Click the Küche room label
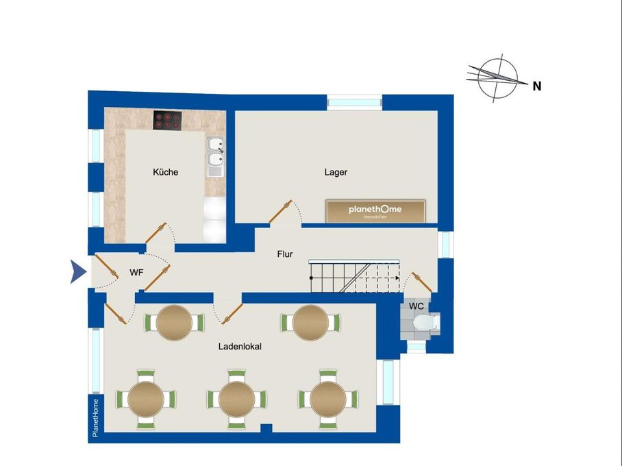pos(165,172)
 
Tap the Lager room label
pos(336,172)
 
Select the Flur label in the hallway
pos(285,254)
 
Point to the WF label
pos(136,273)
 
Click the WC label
pos(416,306)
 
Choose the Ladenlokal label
pos(240,347)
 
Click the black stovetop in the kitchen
pos(167,120)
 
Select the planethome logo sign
pos(375,211)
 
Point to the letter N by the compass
pos(537,86)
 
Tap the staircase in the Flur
pos(354,276)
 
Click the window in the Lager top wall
pos(355,102)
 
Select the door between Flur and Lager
pos(280,212)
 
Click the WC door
pos(422,282)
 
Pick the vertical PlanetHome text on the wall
pos(95,418)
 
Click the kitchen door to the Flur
pos(156,233)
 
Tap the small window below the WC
pos(416,347)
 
